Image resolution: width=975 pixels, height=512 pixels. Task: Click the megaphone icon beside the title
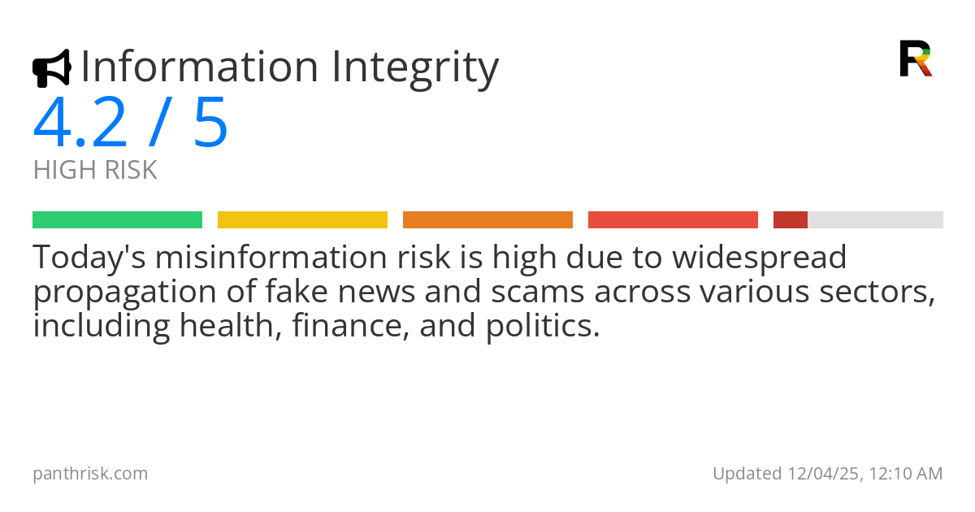point(51,68)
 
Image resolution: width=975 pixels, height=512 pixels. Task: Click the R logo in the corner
point(915,59)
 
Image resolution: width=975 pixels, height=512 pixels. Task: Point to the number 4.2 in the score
point(80,123)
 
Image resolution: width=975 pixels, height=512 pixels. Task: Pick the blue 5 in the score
point(210,123)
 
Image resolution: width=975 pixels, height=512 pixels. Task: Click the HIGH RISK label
point(95,171)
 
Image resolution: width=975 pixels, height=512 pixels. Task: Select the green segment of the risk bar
point(117,219)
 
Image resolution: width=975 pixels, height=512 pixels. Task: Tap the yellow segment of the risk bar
point(302,219)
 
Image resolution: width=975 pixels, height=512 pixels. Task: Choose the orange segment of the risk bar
point(487,219)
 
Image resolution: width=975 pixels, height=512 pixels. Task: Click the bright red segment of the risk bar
point(673,219)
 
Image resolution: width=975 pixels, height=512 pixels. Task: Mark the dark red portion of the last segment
point(790,219)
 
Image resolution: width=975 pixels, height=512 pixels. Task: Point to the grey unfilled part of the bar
point(875,219)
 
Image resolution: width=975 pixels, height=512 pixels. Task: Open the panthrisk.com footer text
point(90,474)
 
